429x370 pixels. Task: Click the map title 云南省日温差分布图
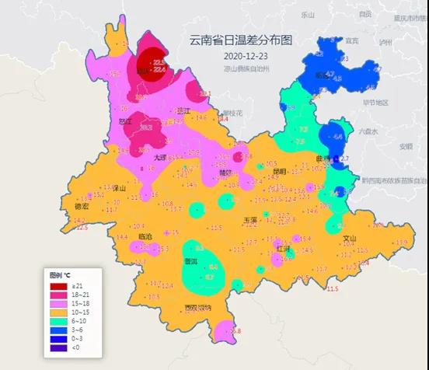point(238,40)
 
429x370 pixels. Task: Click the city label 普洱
point(190,262)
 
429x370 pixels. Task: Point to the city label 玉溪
point(250,221)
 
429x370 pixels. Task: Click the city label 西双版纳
point(197,308)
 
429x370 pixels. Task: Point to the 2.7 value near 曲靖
point(345,159)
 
